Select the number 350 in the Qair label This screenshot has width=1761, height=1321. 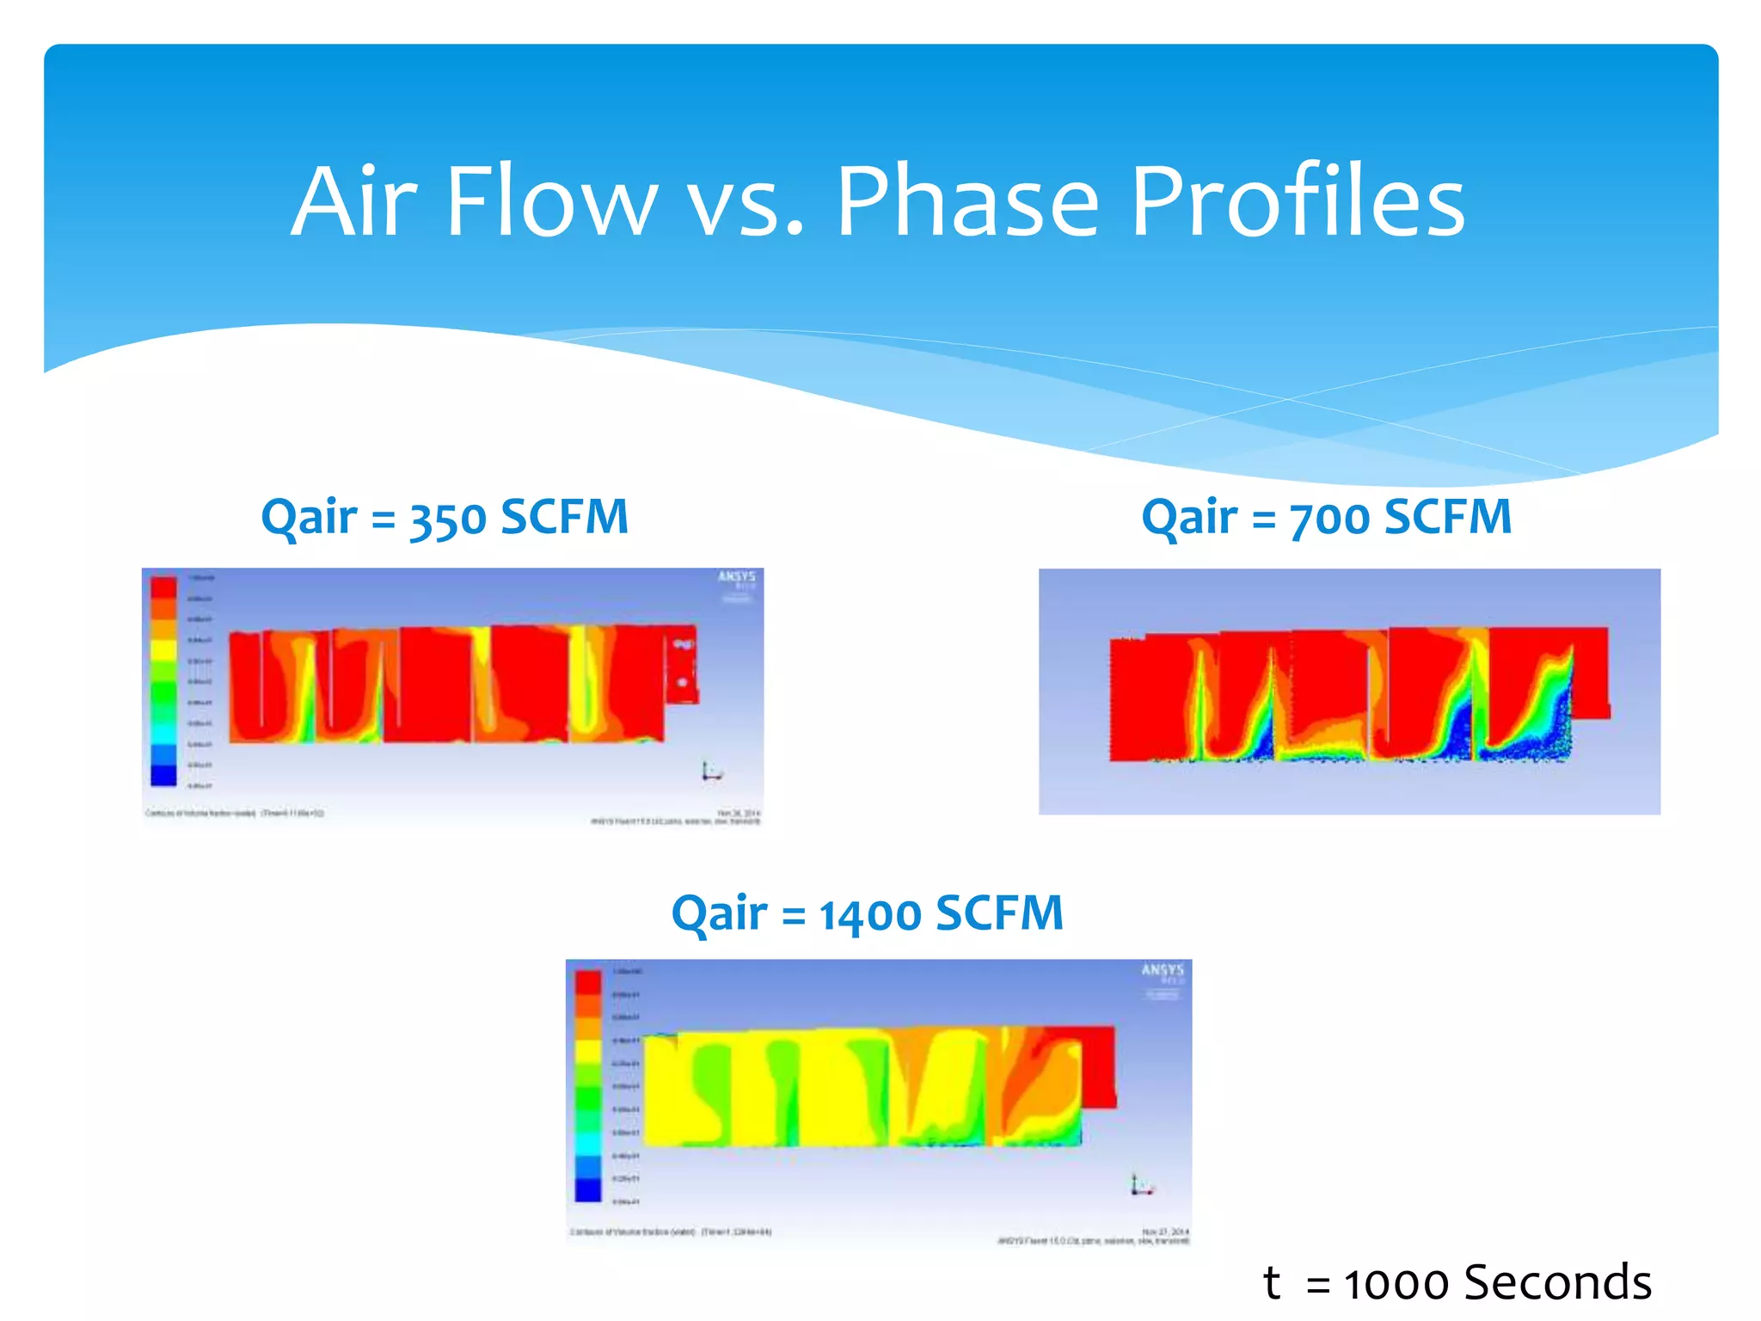(x=447, y=519)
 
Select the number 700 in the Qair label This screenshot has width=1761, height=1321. (x=1329, y=519)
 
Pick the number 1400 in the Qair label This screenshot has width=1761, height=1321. (x=870, y=914)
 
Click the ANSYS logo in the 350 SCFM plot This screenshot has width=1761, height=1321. (x=737, y=577)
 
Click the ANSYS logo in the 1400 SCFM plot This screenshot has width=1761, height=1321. (x=1162, y=970)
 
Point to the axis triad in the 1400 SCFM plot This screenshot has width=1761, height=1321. (x=1140, y=1186)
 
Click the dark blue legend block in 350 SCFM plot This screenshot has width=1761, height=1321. (x=163, y=774)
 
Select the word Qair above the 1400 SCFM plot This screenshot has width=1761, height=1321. (x=719, y=914)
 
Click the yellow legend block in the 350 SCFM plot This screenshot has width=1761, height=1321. (x=163, y=650)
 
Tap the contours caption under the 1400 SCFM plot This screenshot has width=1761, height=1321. (x=671, y=1232)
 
